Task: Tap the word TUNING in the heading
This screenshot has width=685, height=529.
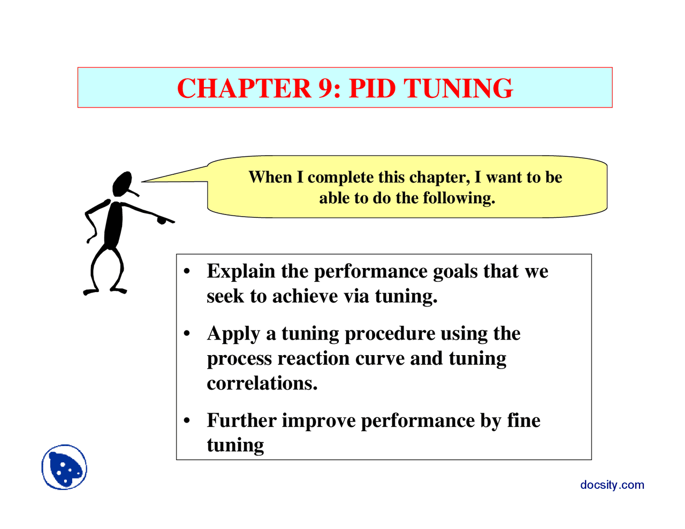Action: [458, 89]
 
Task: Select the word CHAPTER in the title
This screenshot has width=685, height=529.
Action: [244, 89]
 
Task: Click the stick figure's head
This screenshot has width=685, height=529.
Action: [123, 183]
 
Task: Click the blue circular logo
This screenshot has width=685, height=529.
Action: [64, 467]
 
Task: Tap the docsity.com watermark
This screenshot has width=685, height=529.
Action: [612, 485]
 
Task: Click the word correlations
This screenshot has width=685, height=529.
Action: [262, 384]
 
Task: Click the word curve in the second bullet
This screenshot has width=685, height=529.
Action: [380, 358]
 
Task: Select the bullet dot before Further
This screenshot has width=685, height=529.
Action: [187, 421]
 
